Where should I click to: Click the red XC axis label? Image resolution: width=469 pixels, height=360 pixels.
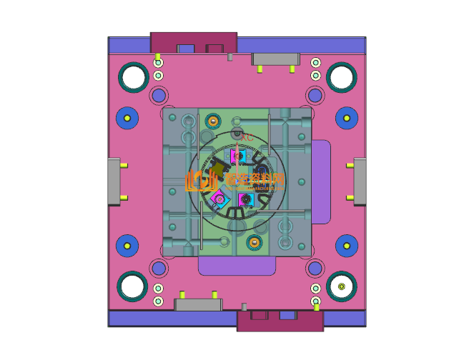click(x=247, y=136)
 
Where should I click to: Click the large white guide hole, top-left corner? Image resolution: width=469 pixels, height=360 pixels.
click(x=132, y=76)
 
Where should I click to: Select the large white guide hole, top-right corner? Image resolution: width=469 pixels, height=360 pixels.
click(x=340, y=76)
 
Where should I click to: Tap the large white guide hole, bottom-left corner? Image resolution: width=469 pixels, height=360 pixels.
click(x=132, y=286)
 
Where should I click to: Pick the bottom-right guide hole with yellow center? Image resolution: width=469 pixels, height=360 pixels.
click(x=341, y=286)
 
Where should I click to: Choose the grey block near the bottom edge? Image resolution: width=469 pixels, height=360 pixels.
click(x=198, y=305)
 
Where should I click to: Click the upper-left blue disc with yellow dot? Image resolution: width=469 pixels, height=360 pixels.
click(x=127, y=117)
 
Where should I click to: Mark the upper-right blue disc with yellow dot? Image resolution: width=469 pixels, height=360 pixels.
click(x=346, y=117)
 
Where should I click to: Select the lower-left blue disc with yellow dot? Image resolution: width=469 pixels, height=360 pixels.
click(x=127, y=246)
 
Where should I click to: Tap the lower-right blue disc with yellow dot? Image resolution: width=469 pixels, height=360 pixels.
click(x=346, y=246)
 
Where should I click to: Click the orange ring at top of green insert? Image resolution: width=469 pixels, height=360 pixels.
click(x=212, y=120)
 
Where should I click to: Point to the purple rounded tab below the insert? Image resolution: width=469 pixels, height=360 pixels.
click(x=237, y=266)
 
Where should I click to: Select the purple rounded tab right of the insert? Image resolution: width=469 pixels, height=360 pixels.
click(x=321, y=181)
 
